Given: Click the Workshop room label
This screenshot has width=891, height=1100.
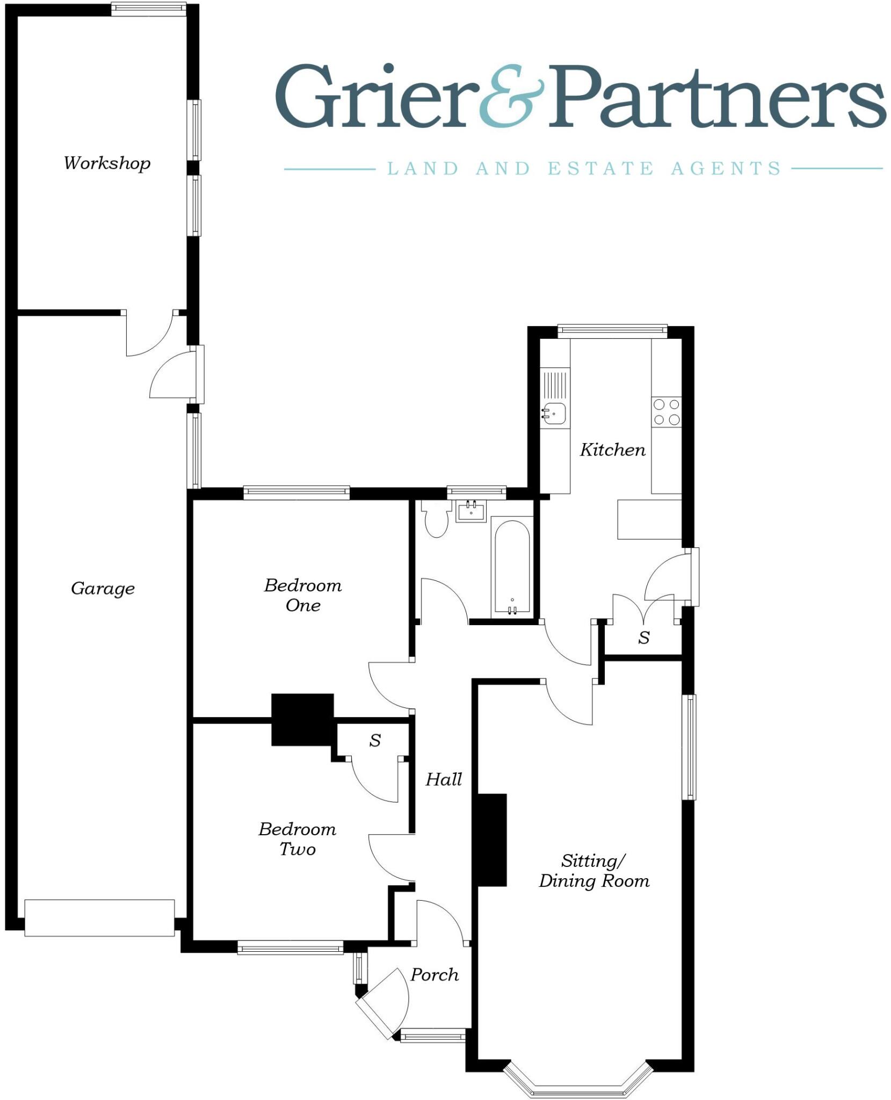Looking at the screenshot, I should tap(107, 163).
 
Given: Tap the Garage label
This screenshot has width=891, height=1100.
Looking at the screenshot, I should tap(103, 589).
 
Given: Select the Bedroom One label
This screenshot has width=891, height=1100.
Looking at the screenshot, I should tap(303, 595).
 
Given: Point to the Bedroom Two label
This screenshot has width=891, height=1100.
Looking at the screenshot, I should tap(297, 839).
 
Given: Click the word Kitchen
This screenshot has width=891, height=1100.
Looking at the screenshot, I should tap(613, 450).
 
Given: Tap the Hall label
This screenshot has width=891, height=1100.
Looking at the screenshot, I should tap(444, 779).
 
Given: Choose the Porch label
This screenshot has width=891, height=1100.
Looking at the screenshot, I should tap(434, 975).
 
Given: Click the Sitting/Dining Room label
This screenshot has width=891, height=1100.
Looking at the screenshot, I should tap(594, 871).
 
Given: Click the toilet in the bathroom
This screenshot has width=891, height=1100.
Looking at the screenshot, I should tap(436, 520).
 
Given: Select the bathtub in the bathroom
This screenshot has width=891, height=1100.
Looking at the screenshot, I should tap(512, 567).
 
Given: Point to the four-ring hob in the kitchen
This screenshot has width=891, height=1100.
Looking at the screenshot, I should tap(667, 412).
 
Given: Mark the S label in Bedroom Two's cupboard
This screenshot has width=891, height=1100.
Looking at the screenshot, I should tap(375, 741).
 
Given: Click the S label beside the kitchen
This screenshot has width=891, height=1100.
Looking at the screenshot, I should tap(644, 638).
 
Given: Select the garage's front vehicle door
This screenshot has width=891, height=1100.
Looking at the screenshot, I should tap(99, 917).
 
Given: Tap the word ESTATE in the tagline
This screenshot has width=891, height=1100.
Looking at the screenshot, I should tap(600, 169).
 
